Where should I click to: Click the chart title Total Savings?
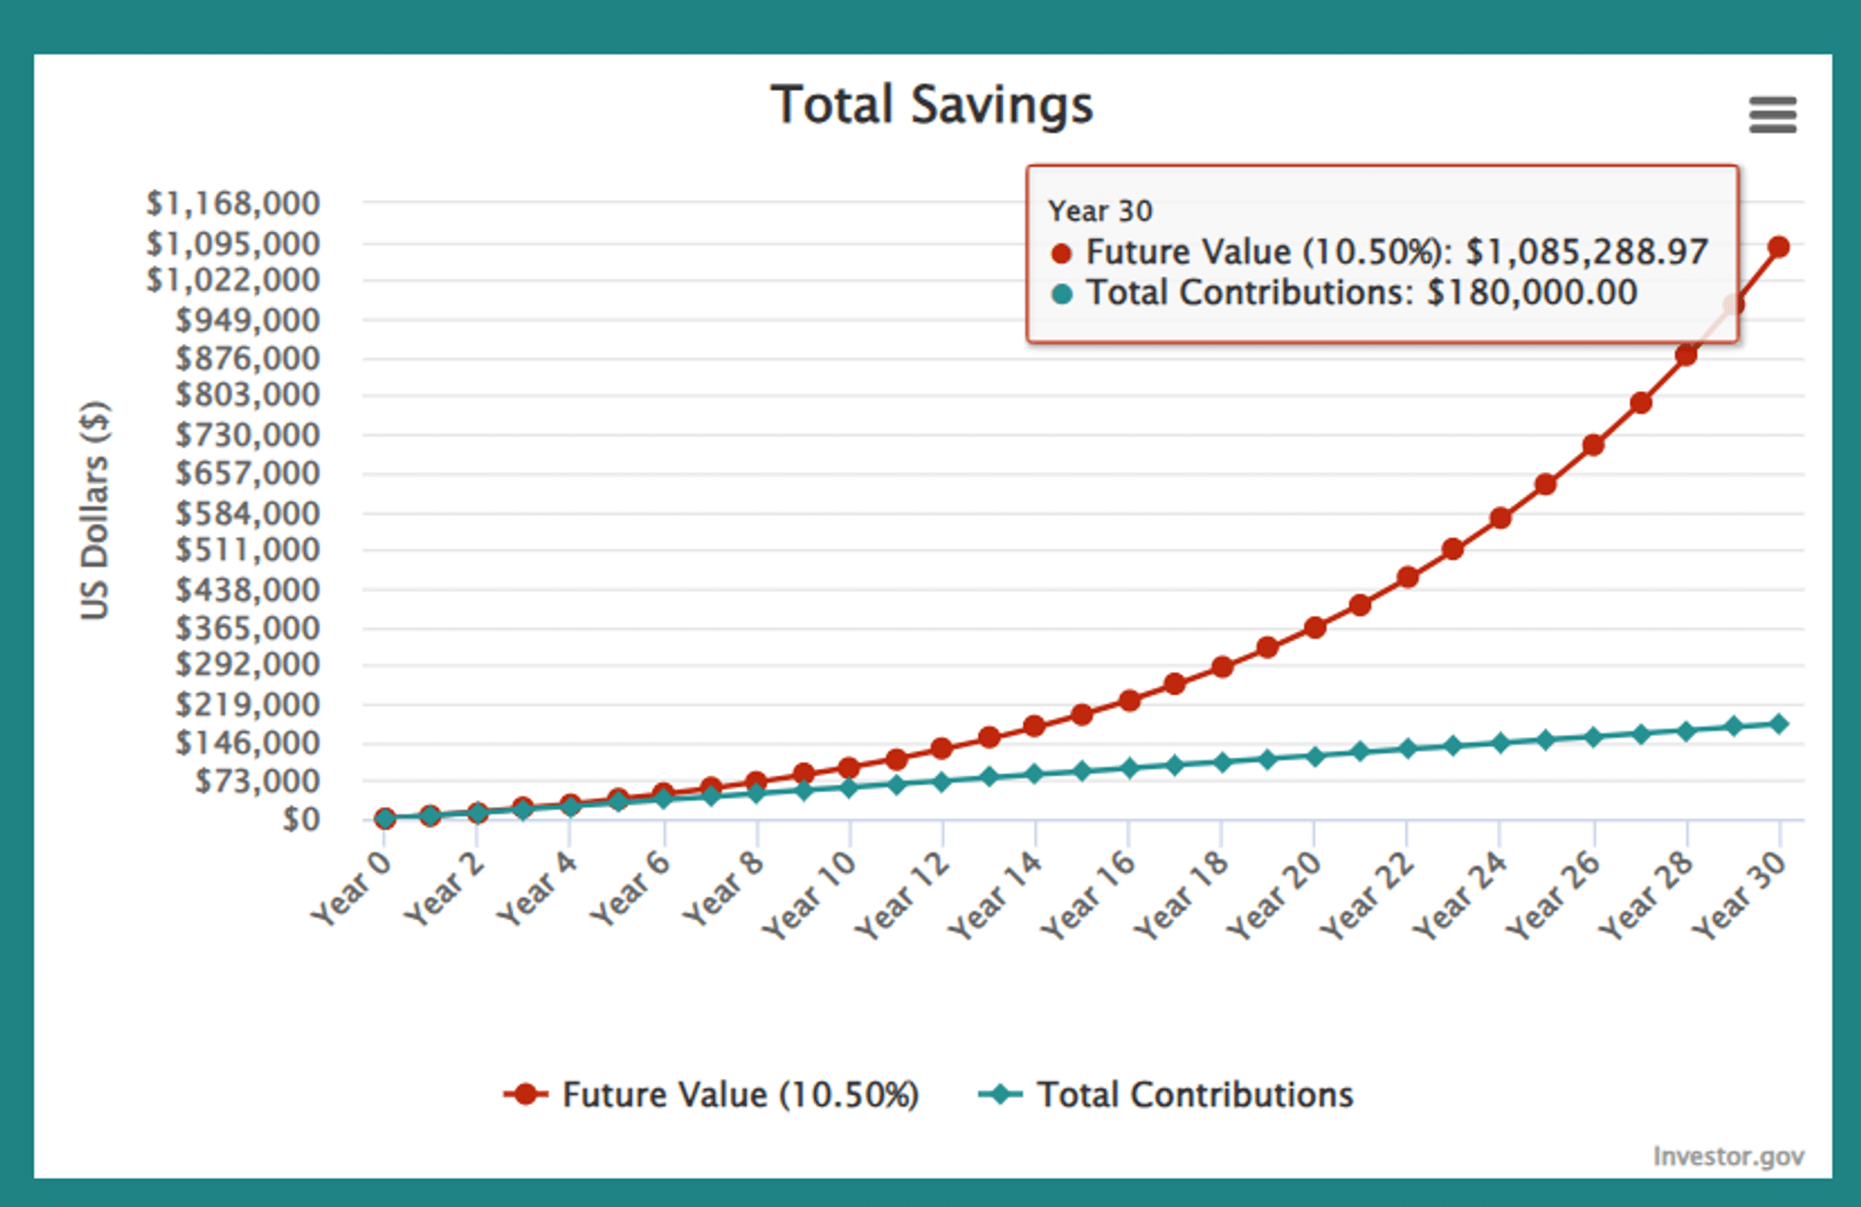(x=931, y=104)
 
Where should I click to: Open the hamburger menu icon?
(x=1772, y=115)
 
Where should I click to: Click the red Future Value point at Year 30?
(x=1778, y=247)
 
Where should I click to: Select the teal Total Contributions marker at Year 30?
(x=1778, y=724)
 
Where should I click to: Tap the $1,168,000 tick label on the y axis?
(x=233, y=203)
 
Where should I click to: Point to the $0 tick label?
(x=301, y=819)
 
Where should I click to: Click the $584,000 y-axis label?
(x=248, y=513)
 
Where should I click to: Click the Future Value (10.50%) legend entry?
(x=740, y=1094)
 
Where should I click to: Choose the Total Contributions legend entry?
(x=1195, y=1094)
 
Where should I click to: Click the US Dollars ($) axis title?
(x=95, y=510)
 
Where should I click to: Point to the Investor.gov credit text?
(x=1728, y=1156)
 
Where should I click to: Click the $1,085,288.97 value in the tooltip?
(x=1587, y=252)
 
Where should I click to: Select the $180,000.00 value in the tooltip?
(x=1532, y=293)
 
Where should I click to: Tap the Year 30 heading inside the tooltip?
(x=1100, y=211)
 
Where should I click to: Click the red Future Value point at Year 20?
(x=1315, y=627)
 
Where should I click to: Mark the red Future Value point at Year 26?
(x=1593, y=445)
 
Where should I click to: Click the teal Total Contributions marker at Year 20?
(x=1315, y=757)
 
